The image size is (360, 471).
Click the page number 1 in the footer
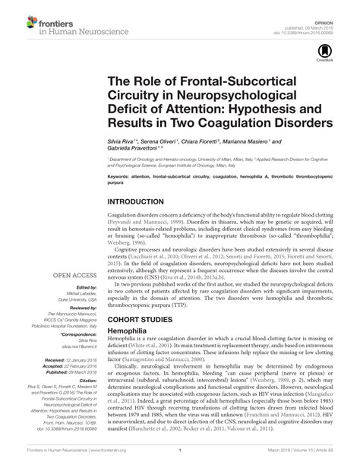pos(181,460)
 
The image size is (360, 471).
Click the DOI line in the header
pos(321,17)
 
